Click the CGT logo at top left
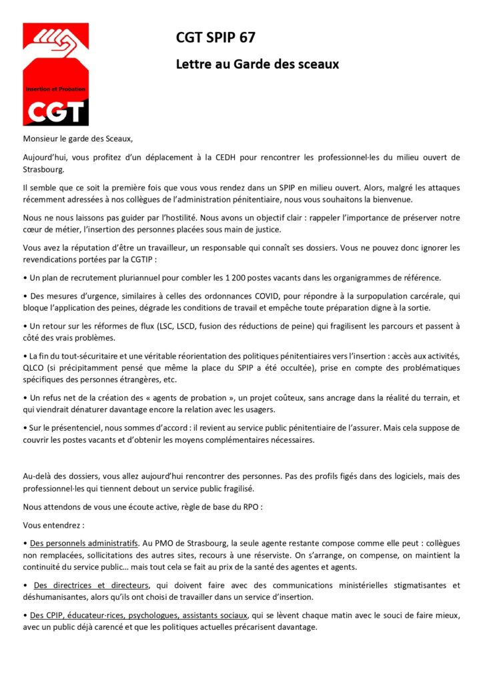56,74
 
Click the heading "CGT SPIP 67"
215,37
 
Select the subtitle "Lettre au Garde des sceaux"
258,64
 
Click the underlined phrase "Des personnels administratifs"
84,542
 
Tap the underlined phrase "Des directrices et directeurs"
92,585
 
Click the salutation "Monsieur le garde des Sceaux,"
78,139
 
